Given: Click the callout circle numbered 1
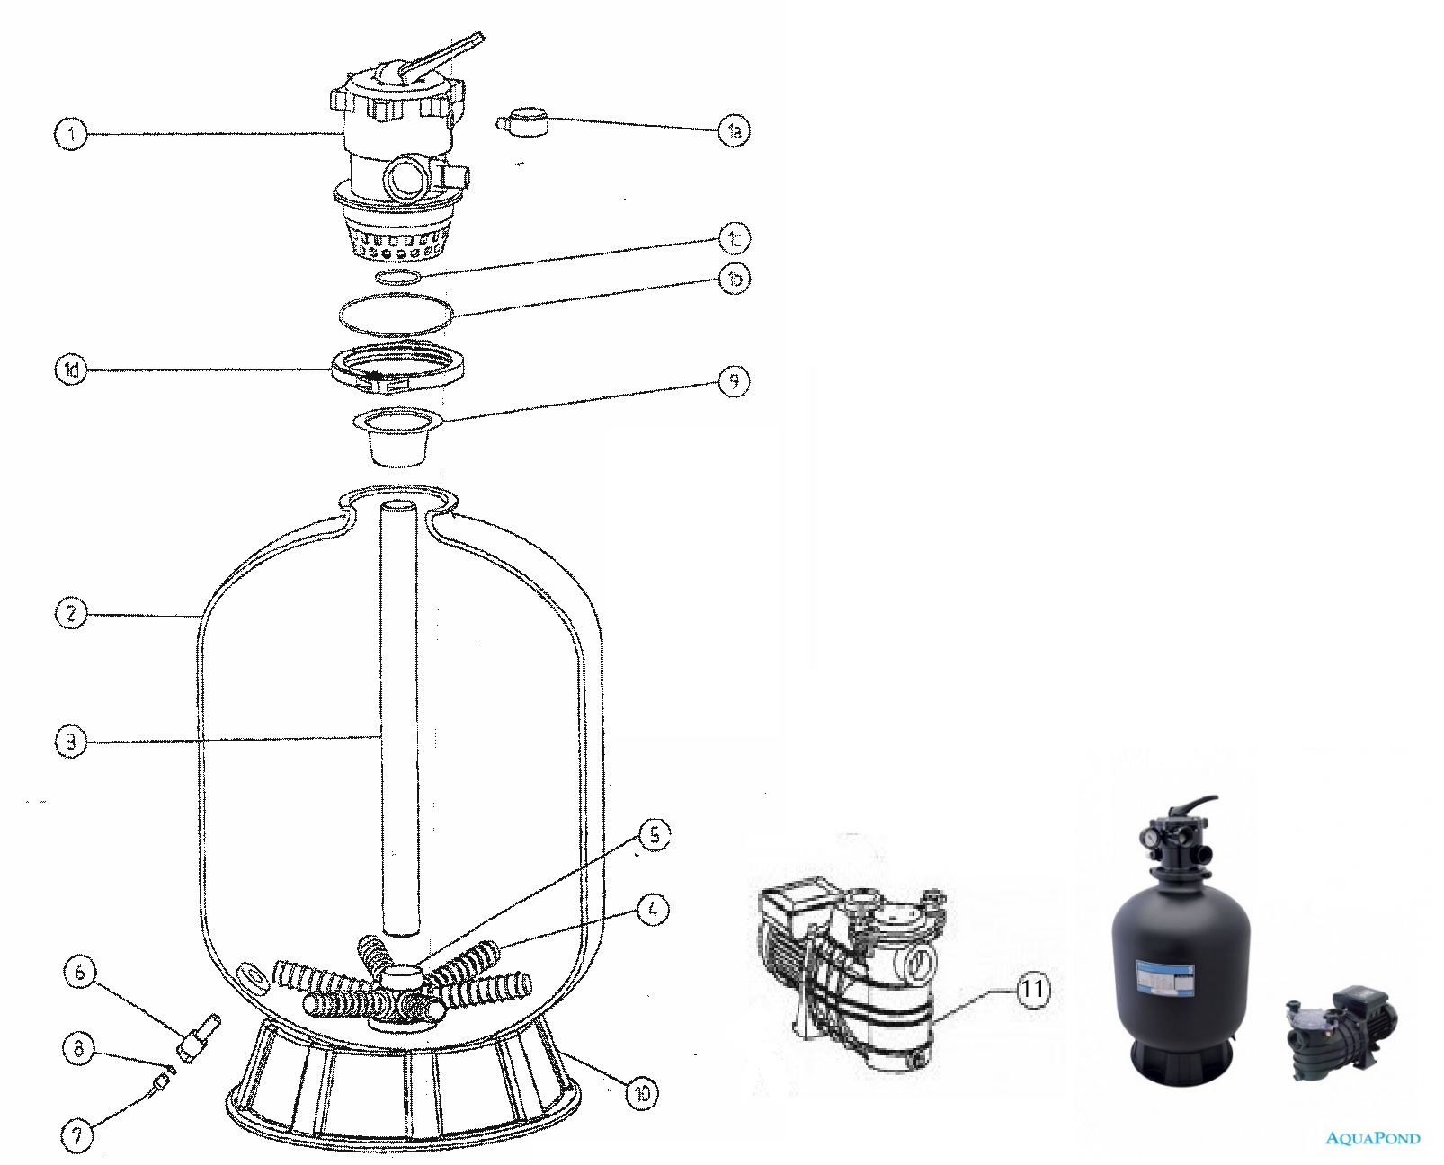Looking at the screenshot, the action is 71,134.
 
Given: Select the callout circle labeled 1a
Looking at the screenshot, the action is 734,130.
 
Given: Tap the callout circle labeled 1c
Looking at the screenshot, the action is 735,238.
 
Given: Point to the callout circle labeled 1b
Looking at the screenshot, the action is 735,279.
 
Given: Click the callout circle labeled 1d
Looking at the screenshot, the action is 71,369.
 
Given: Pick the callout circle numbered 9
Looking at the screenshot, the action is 734,381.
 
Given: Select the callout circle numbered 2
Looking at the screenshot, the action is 71,613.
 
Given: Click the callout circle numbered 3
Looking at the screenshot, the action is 71,743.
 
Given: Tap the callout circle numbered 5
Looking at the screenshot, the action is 655,835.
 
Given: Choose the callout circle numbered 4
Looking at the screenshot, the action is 653,910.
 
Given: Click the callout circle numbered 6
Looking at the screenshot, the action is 80,972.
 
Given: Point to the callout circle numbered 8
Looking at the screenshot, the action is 79,1048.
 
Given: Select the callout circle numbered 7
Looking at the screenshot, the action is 77,1135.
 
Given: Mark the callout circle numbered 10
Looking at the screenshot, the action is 642,1094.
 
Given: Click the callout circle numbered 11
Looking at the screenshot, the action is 1033,989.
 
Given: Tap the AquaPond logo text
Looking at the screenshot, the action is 1373,1138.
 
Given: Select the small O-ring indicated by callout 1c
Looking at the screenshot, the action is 398,277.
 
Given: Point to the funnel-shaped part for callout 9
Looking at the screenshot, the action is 398,435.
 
